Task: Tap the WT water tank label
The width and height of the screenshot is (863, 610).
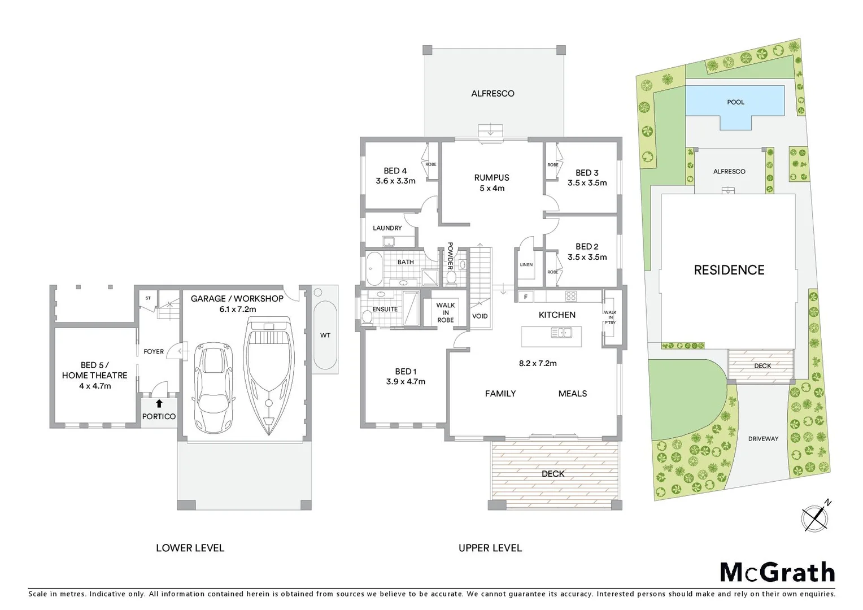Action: [x=325, y=335]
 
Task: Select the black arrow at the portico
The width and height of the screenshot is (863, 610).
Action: [x=159, y=403]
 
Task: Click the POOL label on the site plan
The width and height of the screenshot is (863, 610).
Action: [x=735, y=102]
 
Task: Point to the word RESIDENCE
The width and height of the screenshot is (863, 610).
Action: [x=729, y=270]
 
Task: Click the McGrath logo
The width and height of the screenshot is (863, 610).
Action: [x=777, y=572]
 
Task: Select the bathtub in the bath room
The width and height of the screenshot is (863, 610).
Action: [x=374, y=269]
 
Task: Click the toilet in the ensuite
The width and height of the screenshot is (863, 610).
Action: [x=368, y=316]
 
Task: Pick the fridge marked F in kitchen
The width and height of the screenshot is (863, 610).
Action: [x=526, y=297]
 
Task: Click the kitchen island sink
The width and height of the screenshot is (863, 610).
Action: [x=561, y=333]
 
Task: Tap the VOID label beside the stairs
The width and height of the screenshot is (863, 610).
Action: [x=480, y=316]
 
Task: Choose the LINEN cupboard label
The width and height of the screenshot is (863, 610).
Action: [x=526, y=264]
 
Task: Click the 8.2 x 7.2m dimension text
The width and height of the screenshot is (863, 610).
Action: [x=538, y=363]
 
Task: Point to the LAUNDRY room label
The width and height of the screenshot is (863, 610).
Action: [x=387, y=228]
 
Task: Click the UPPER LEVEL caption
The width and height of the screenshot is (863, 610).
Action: [x=490, y=548]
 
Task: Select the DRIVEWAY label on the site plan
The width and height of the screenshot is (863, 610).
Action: [x=763, y=438]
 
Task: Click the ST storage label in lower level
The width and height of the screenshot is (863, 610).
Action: [x=148, y=298]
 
